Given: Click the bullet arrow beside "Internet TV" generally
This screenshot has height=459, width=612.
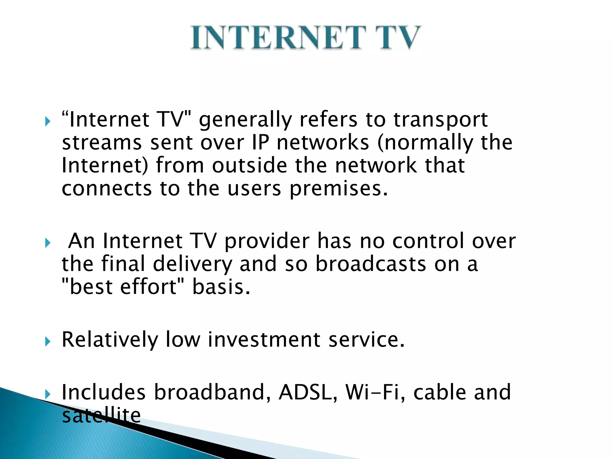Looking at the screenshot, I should pos(48,121).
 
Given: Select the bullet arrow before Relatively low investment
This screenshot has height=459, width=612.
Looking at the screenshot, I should pos(48,342).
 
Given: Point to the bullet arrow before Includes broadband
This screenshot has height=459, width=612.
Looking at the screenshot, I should pos(48,394).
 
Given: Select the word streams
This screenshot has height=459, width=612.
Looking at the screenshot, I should pos(102,143).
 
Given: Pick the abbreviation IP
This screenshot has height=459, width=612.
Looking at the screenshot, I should pos(260,143).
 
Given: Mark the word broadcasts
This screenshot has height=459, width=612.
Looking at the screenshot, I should pos(371,264).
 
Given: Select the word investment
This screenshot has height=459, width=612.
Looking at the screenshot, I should pos(264,340).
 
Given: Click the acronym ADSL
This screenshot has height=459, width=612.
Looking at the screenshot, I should pos(308,392).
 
